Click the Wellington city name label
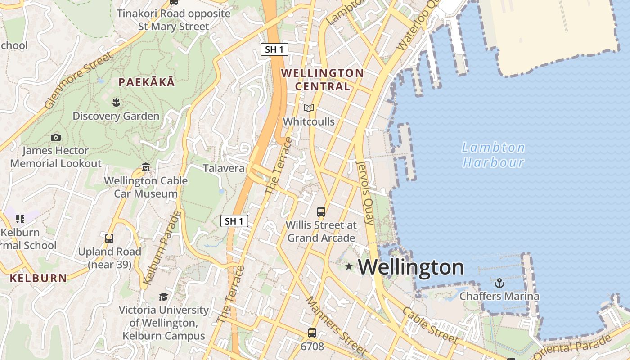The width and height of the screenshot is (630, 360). (411, 267)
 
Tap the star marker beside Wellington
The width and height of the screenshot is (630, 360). (349, 266)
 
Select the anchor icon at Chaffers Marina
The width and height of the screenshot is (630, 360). (499, 283)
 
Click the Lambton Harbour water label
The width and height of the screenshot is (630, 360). (494, 155)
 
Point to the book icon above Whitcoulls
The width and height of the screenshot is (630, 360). (308, 108)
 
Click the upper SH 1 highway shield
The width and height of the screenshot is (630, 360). (274, 49)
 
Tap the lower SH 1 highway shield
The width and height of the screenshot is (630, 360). (234, 221)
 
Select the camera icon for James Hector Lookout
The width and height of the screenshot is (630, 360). (56, 137)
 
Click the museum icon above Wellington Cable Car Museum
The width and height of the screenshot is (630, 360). (146, 168)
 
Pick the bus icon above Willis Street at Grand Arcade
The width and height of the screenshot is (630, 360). (321, 211)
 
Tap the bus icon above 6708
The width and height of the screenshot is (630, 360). (312, 333)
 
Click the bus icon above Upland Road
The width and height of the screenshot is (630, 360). (109, 238)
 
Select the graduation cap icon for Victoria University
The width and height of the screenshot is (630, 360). (163, 297)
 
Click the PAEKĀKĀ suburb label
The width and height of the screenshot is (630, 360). (146, 82)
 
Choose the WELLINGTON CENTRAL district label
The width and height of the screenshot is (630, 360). (322, 79)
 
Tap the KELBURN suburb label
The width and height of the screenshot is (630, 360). (38, 278)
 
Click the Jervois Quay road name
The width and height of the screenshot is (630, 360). (365, 193)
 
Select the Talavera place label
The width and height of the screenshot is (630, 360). (224, 169)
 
